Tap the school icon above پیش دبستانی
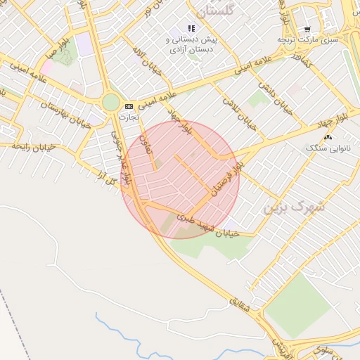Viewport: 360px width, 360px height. pos(191,29)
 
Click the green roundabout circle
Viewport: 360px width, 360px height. pos(111,103)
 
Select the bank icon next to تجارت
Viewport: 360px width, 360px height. pos(128,106)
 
